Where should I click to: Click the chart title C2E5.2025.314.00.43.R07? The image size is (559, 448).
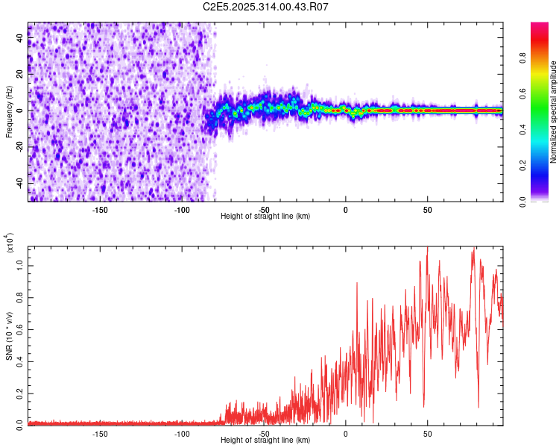click(265, 7)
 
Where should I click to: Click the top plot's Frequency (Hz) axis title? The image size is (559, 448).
click(9, 112)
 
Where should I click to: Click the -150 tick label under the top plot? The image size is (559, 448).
click(100, 208)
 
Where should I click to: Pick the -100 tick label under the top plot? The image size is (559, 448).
click(182, 208)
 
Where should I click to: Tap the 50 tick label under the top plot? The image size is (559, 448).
click(427, 208)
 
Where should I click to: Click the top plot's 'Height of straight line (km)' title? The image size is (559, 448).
click(265, 216)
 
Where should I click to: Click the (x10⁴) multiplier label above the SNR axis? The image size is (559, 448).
click(9, 243)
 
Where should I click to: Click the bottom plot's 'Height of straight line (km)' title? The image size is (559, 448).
click(265, 441)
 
